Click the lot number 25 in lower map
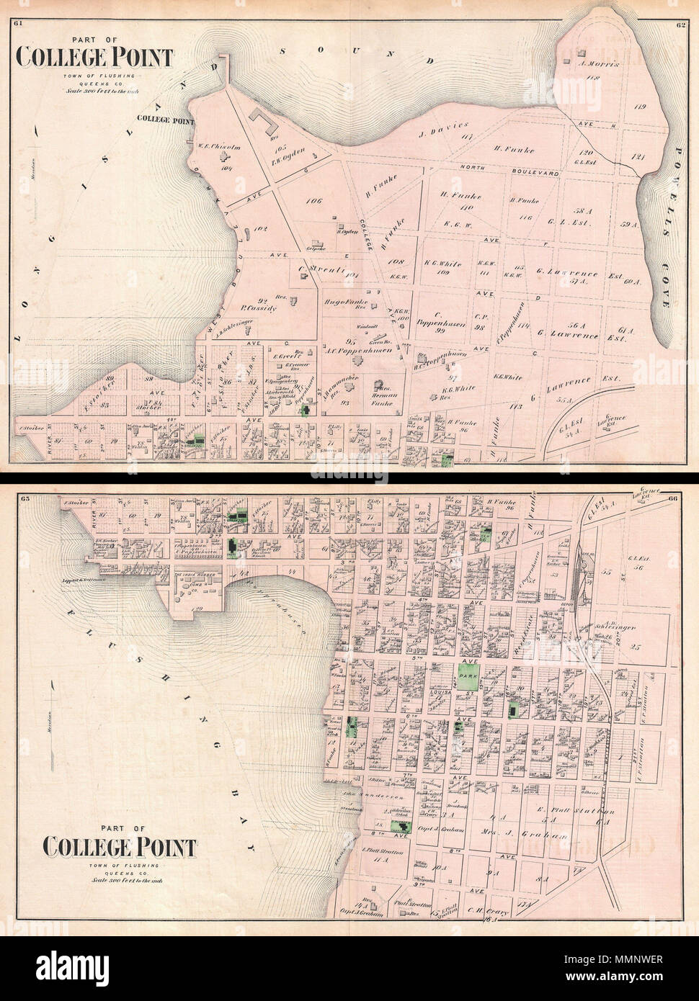[x=635, y=648]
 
